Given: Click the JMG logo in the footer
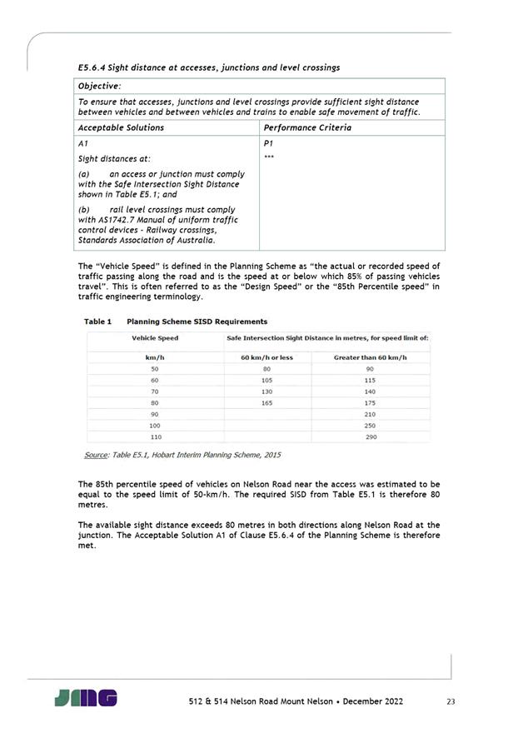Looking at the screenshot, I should [85, 698].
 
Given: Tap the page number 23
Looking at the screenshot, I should [451, 702].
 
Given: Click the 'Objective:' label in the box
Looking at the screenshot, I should [99, 86].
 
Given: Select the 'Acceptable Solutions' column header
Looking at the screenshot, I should [121, 127].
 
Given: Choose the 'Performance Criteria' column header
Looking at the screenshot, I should [306, 127].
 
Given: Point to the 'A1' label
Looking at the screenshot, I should [82, 143].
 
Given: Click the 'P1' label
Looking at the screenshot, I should [268, 143].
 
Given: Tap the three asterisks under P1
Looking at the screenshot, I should [269, 157].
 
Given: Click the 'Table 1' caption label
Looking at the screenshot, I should [98, 321].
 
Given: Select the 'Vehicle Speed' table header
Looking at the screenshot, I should [155, 338].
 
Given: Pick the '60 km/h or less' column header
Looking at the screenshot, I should [266, 357].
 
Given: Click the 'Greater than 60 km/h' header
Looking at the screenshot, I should [370, 357].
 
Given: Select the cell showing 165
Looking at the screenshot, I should [266, 402].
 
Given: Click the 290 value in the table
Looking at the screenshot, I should [371, 436].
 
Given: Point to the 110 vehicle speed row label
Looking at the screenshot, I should [155, 436].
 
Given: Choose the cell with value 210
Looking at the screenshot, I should [371, 414].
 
